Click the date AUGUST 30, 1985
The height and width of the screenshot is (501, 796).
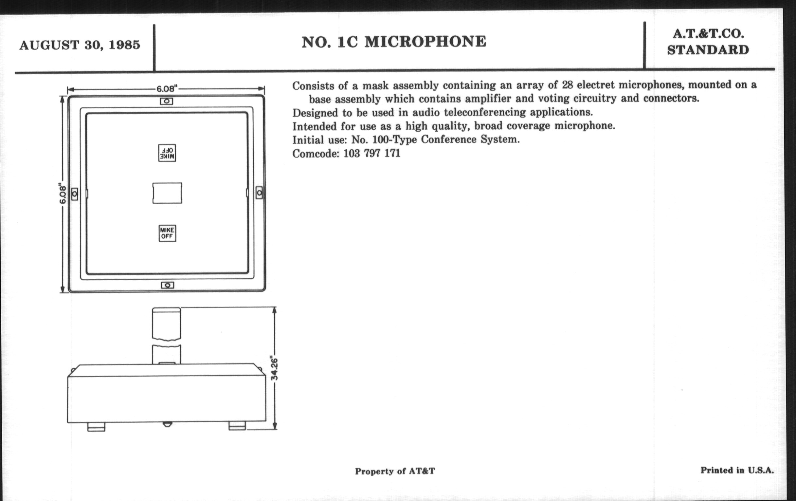[80, 45]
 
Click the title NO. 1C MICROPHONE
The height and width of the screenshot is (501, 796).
[394, 42]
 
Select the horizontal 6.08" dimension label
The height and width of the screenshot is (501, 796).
[167, 89]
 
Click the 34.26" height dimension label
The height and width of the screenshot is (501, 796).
[274, 368]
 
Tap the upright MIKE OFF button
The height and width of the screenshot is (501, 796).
[167, 233]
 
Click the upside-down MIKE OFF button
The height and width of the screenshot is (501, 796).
[167, 153]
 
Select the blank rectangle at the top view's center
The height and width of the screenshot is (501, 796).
[167, 193]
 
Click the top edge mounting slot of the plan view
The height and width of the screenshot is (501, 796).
[167, 101]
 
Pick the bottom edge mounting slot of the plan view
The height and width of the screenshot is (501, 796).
[168, 285]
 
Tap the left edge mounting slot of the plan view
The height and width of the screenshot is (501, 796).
[75, 194]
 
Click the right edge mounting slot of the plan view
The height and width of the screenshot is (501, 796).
[259, 193]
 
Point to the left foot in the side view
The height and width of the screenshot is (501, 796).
[96, 427]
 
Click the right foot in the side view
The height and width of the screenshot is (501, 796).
[237, 426]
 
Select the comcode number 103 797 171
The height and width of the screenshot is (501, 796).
[372, 154]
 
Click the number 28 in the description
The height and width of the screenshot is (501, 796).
[567, 85]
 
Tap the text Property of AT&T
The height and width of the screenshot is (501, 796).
[395, 471]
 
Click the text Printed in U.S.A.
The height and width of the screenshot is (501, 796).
[737, 470]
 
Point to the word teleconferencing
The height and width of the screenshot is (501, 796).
[485, 112]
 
